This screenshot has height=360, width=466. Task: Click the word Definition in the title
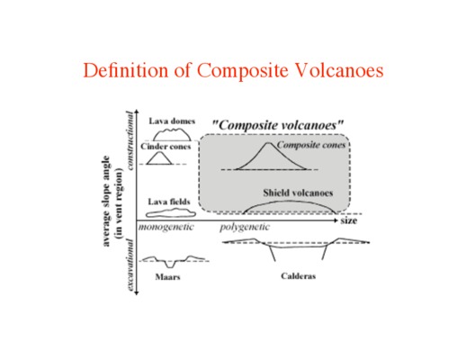tap(126, 70)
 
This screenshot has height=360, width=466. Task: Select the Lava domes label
tap(172, 121)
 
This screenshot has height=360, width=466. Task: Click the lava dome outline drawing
tap(172, 134)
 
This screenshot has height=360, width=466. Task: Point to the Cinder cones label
tap(166, 147)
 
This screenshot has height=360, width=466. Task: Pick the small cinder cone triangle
tap(159, 158)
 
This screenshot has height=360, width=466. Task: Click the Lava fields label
tap(169, 202)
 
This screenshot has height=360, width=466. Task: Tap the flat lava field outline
tap(171, 213)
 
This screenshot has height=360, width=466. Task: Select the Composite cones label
tap(311, 145)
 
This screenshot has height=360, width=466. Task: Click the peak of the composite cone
tap(268, 143)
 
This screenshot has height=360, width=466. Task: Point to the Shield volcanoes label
tap(298, 193)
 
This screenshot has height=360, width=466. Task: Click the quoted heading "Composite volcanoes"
tap(278, 125)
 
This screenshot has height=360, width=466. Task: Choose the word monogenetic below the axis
tap(166, 227)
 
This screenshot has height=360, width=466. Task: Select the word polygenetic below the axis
tap(245, 227)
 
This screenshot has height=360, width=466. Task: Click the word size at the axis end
tap(349, 220)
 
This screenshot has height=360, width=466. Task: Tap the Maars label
tap(167, 276)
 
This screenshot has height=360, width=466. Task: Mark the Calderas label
tap(299, 276)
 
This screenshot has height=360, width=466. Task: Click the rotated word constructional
tap(130, 140)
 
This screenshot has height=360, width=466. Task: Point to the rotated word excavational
tap(130, 265)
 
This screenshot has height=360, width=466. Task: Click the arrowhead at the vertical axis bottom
tap(137, 293)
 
